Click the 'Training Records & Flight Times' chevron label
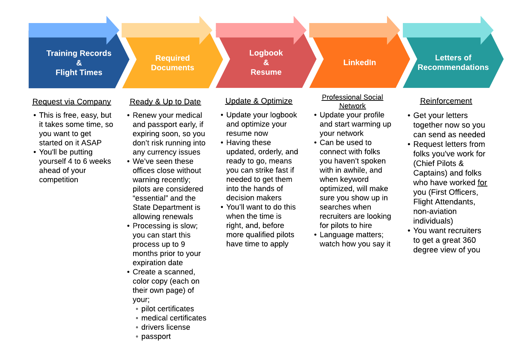click(x=79, y=63)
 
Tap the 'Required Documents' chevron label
click(x=172, y=63)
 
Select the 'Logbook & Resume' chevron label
click(x=266, y=62)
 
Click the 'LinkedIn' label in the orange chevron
click(x=359, y=62)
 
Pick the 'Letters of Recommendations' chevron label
click(x=453, y=62)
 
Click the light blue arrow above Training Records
click(x=74, y=30)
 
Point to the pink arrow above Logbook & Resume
click(x=261, y=30)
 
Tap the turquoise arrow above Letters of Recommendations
click(x=448, y=30)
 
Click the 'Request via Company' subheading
click(x=72, y=102)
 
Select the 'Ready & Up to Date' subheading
click(x=165, y=102)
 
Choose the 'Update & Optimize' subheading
click(x=258, y=101)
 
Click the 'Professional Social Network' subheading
click(x=352, y=102)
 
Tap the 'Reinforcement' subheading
click(x=446, y=101)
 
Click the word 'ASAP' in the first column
click(x=91, y=143)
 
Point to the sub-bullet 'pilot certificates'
click(x=168, y=309)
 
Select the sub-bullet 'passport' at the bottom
click(x=156, y=337)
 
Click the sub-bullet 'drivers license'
click(x=166, y=327)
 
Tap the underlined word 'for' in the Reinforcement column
click(x=482, y=183)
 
